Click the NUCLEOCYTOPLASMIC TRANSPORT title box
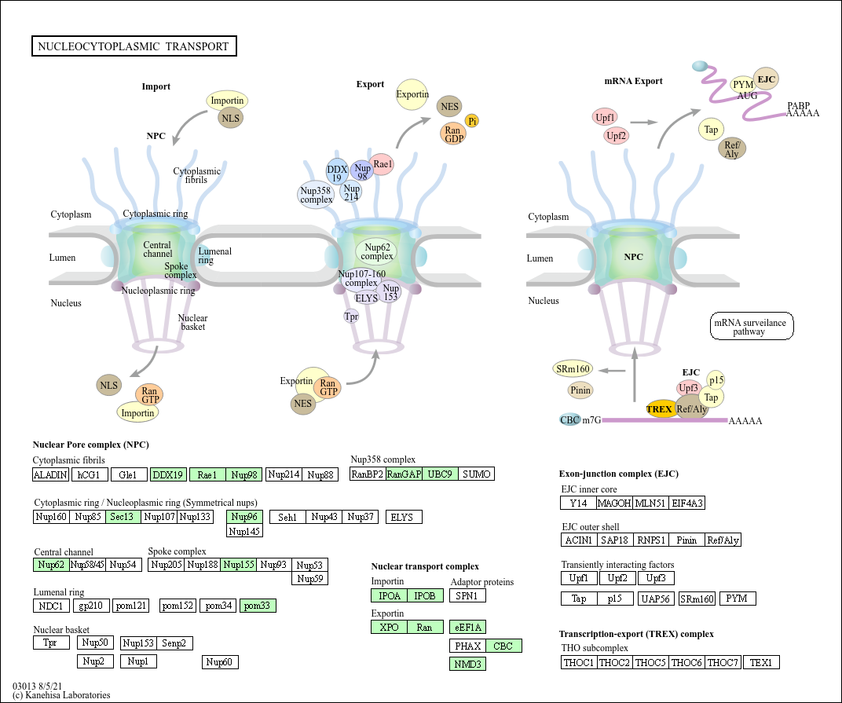(x=134, y=46)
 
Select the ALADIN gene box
(x=51, y=474)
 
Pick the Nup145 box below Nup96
(x=244, y=531)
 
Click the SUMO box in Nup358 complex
(x=477, y=474)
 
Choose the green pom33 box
(x=258, y=606)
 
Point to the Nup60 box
(x=220, y=662)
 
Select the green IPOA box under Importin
(x=388, y=595)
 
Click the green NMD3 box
(x=467, y=664)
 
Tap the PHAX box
(x=467, y=646)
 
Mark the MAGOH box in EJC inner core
(x=613, y=503)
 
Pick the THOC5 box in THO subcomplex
(x=650, y=662)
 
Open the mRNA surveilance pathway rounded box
(x=752, y=326)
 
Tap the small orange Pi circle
(x=472, y=121)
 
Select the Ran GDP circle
(x=453, y=134)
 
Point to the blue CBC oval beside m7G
(x=570, y=419)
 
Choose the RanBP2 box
(x=367, y=474)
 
